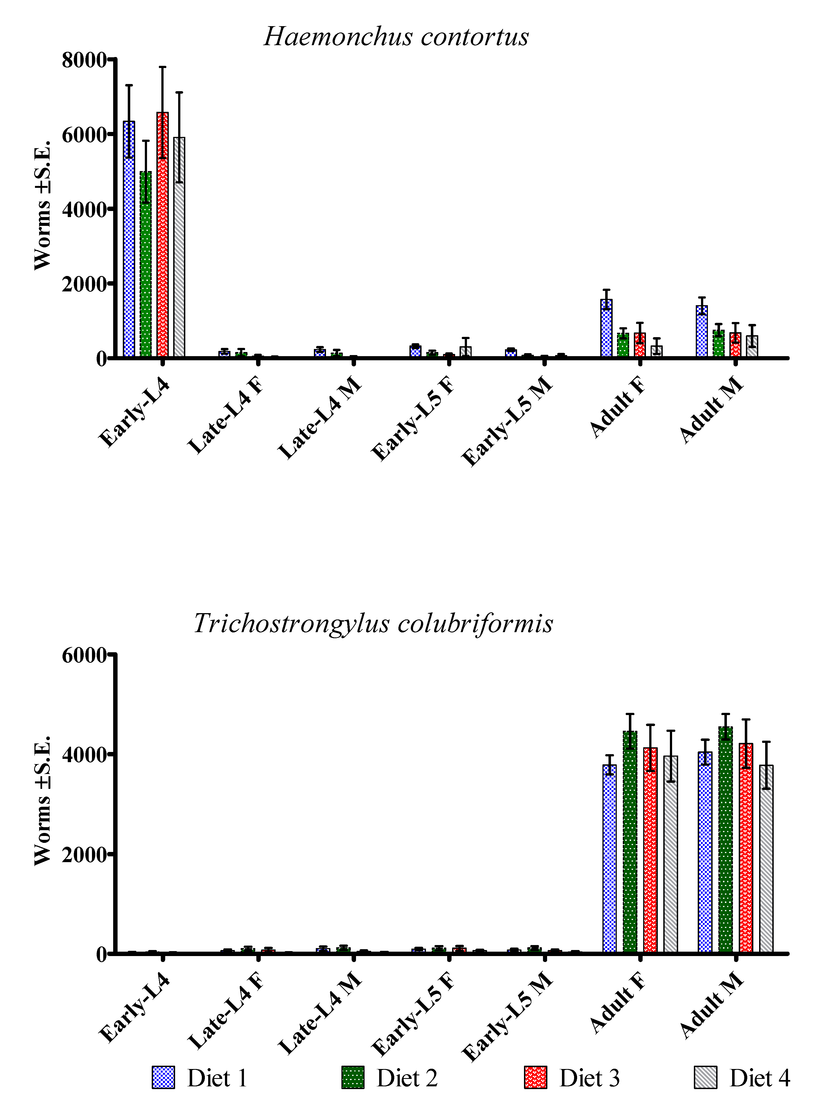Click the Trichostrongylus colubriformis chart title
tap(373, 624)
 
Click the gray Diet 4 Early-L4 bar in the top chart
tap(179, 247)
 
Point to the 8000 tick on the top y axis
tap(84, 60)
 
